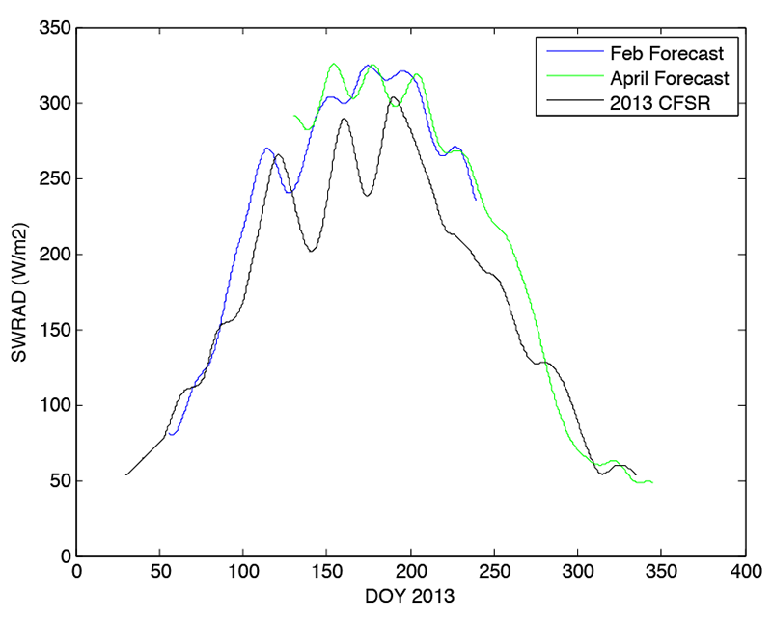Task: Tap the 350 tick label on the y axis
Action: pos(53,28)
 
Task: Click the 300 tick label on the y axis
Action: pos(53,103)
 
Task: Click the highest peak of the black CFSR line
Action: pos(394,97)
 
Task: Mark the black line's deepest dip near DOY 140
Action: pos(312,252)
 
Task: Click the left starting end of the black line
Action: pos(126,474)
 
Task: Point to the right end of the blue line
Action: pos(476,200)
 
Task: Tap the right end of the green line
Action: pos(653,482)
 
